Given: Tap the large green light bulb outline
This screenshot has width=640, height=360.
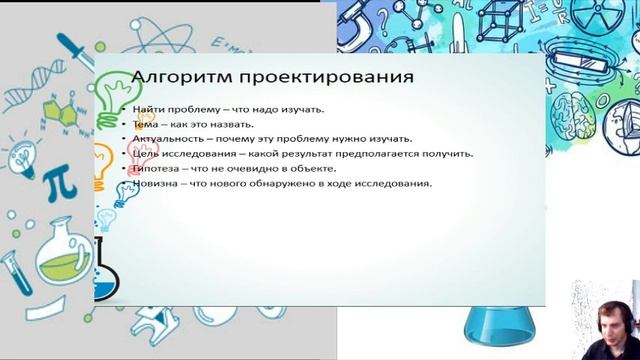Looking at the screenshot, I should [112, 93].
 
